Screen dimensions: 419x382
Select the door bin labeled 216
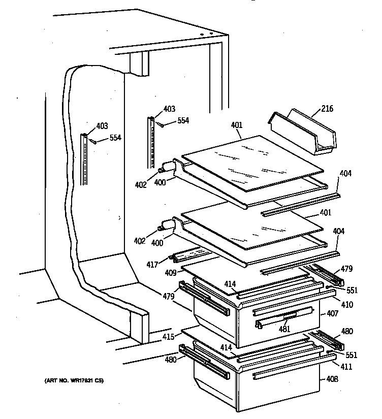302,133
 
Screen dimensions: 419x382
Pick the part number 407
332,314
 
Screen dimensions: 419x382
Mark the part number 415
168,336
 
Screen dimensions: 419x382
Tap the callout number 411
346,366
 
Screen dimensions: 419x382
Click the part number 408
332,378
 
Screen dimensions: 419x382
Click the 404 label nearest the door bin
345,174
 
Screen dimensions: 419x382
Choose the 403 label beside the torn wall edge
102,126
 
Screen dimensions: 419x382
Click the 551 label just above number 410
352,291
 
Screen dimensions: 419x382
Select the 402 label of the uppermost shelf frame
141,185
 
